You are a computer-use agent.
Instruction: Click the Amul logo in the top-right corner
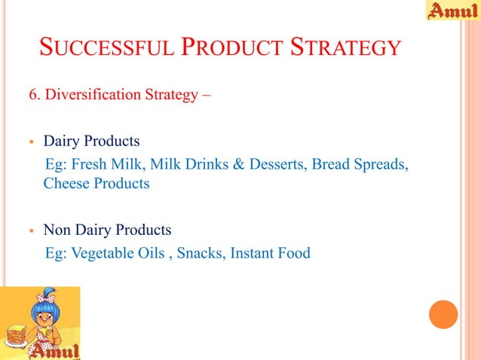click(x=452, y=11)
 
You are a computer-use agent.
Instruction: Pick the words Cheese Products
click(x=97, y=183)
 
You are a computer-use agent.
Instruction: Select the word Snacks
click(x=198, y=252)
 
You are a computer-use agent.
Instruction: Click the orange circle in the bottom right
click(x=443, y=315)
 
